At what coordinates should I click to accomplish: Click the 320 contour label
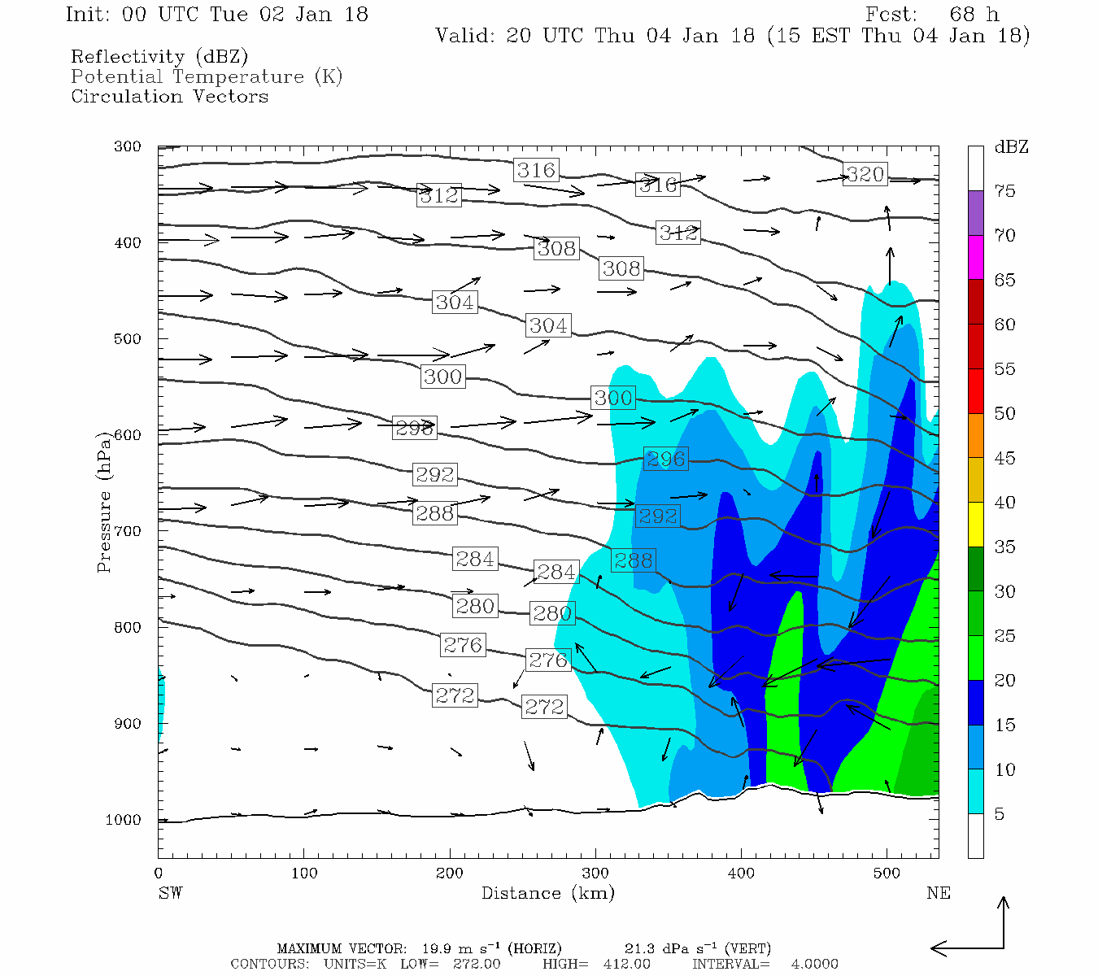click(865, 174)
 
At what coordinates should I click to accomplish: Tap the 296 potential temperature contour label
click(666, 459)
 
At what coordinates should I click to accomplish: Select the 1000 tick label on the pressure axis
click(123, 820)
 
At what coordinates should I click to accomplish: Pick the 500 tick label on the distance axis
click(887, 874)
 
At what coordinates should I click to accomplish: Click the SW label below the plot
click(170, 893)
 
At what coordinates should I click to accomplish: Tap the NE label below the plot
click(938, 893)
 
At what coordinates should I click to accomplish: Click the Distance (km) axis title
click(547, 893)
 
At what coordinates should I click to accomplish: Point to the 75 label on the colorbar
click(1004, 191)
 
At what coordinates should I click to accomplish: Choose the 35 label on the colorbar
click(1004, 547)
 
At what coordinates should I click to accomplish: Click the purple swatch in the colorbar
click(975, 213)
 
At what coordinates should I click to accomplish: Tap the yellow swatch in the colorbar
click(975, 525)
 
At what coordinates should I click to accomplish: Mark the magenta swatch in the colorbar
click(975, 258)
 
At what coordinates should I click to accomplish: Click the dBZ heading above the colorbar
click(1011, 147)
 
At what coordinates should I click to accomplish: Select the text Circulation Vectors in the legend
click(169, 96)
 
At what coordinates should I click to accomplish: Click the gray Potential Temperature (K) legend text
click(207, 76)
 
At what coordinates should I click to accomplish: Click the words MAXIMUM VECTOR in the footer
click(341, 948)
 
